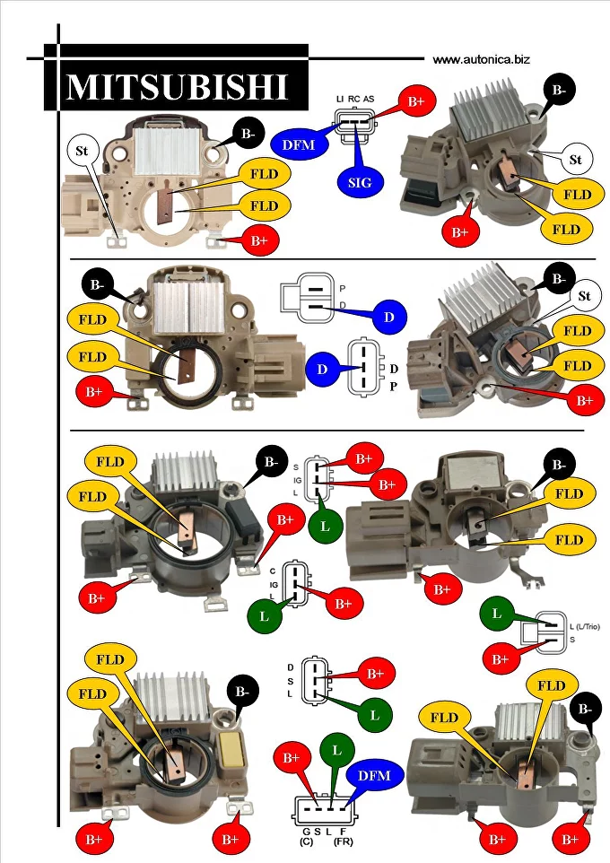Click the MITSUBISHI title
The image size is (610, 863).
(x=177, y=87)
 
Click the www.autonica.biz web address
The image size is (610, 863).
(x=481, y=60)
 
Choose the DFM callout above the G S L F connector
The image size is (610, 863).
(x=374, y=775)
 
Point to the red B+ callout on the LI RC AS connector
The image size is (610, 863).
(x=416, y=102)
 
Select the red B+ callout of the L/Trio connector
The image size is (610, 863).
(x=501, y=658)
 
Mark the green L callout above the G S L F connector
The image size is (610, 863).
(x=335, y=747)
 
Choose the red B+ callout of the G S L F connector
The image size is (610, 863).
(x=292, y=758)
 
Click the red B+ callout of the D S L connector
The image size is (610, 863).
(x=374, y=673)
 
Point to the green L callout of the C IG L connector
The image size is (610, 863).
(x=264, y=618)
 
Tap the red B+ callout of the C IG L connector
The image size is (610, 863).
(x=344, y=605)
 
